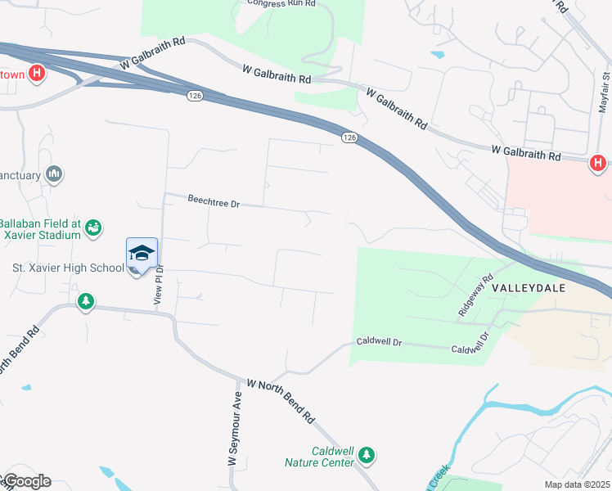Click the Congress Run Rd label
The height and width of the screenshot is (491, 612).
pyautogui.click(x=282, y=3)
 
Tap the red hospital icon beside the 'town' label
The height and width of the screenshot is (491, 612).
pyautogui.click(x=37, y=74)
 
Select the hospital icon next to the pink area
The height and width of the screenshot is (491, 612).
pyautogui.click(x=597, y=164)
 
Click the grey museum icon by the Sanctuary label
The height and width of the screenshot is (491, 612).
pyautogui.click(x=55, y=173)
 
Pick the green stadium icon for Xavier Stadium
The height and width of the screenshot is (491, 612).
pyautogui.click(x=93, y=227)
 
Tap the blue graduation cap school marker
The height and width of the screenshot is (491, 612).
pyautogui.click(x=142, y=252)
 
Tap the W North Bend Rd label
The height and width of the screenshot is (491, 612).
pyautogui.click(x=281, y=400)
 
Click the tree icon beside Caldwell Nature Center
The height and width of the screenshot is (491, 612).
pyautogui.click(x=367, y=454)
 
